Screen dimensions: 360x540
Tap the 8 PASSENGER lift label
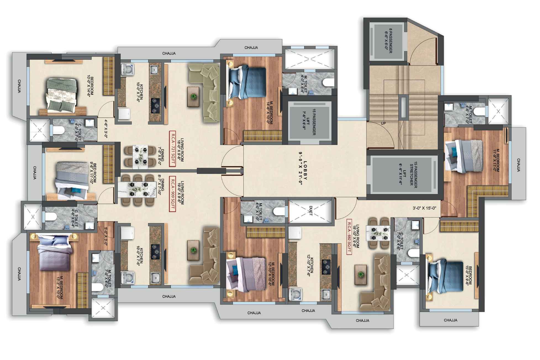388,40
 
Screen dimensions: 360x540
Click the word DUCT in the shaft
311,211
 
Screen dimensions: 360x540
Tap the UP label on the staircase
383,123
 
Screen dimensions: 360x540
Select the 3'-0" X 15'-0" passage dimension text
424,208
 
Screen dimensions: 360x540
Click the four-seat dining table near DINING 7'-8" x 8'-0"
140,156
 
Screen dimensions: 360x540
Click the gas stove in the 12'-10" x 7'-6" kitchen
326,267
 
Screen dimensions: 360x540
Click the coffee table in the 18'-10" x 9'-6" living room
361,274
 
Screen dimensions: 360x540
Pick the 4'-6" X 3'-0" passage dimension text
106,128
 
